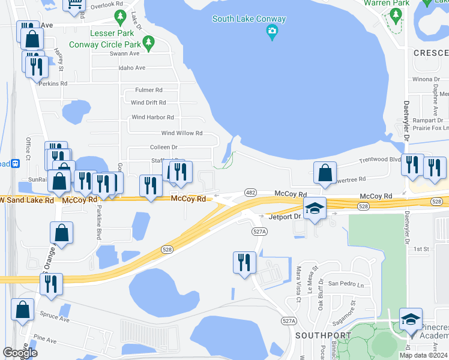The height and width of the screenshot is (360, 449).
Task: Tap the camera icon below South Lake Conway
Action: [273, 31]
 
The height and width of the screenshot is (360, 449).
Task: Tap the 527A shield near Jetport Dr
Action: [259, 231]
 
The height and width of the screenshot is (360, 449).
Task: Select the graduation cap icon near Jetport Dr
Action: [315, 209]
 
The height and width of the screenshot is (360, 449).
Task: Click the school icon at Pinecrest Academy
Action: [411, 319]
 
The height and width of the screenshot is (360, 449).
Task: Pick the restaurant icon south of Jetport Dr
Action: [244, 262]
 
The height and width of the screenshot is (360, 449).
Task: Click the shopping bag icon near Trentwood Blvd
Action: [325, 172]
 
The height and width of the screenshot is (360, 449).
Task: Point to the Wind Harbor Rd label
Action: [152, 118]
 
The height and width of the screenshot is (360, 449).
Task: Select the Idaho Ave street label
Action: [132, 68]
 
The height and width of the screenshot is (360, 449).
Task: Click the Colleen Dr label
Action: [163, 147]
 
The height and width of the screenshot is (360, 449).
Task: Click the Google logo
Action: [20, 353]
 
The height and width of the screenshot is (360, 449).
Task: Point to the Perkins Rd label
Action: [53, 83]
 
